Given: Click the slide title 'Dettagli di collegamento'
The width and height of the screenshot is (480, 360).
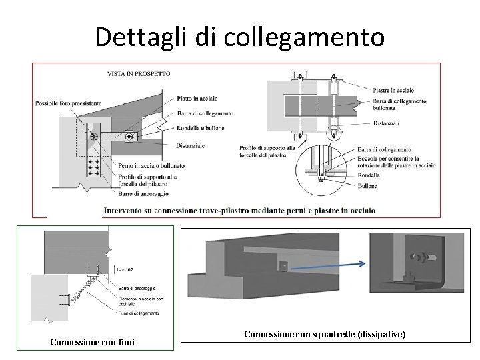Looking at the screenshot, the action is point(239,37).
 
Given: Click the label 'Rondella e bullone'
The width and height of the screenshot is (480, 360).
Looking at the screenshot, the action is point(201,127).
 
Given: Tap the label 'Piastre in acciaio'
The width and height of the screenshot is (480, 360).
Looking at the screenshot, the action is point(393,89).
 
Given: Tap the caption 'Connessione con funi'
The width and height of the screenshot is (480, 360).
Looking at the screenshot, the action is point(93,343).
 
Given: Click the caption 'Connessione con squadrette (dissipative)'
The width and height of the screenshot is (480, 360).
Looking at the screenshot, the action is point(325,333).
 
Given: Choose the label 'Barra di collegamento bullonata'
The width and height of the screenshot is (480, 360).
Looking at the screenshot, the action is point(399,103).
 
